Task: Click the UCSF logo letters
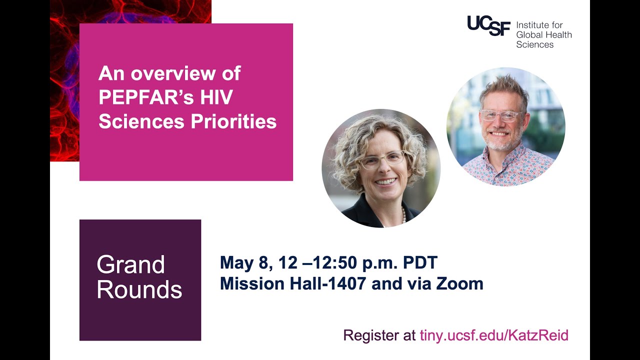[488, 25]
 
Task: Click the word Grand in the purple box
[130, 264]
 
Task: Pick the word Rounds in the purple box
[139, 290]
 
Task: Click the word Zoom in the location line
[460, 284]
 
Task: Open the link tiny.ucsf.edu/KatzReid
[494, 335]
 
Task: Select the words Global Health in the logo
[543, 34]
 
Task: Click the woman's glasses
[382, 159]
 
